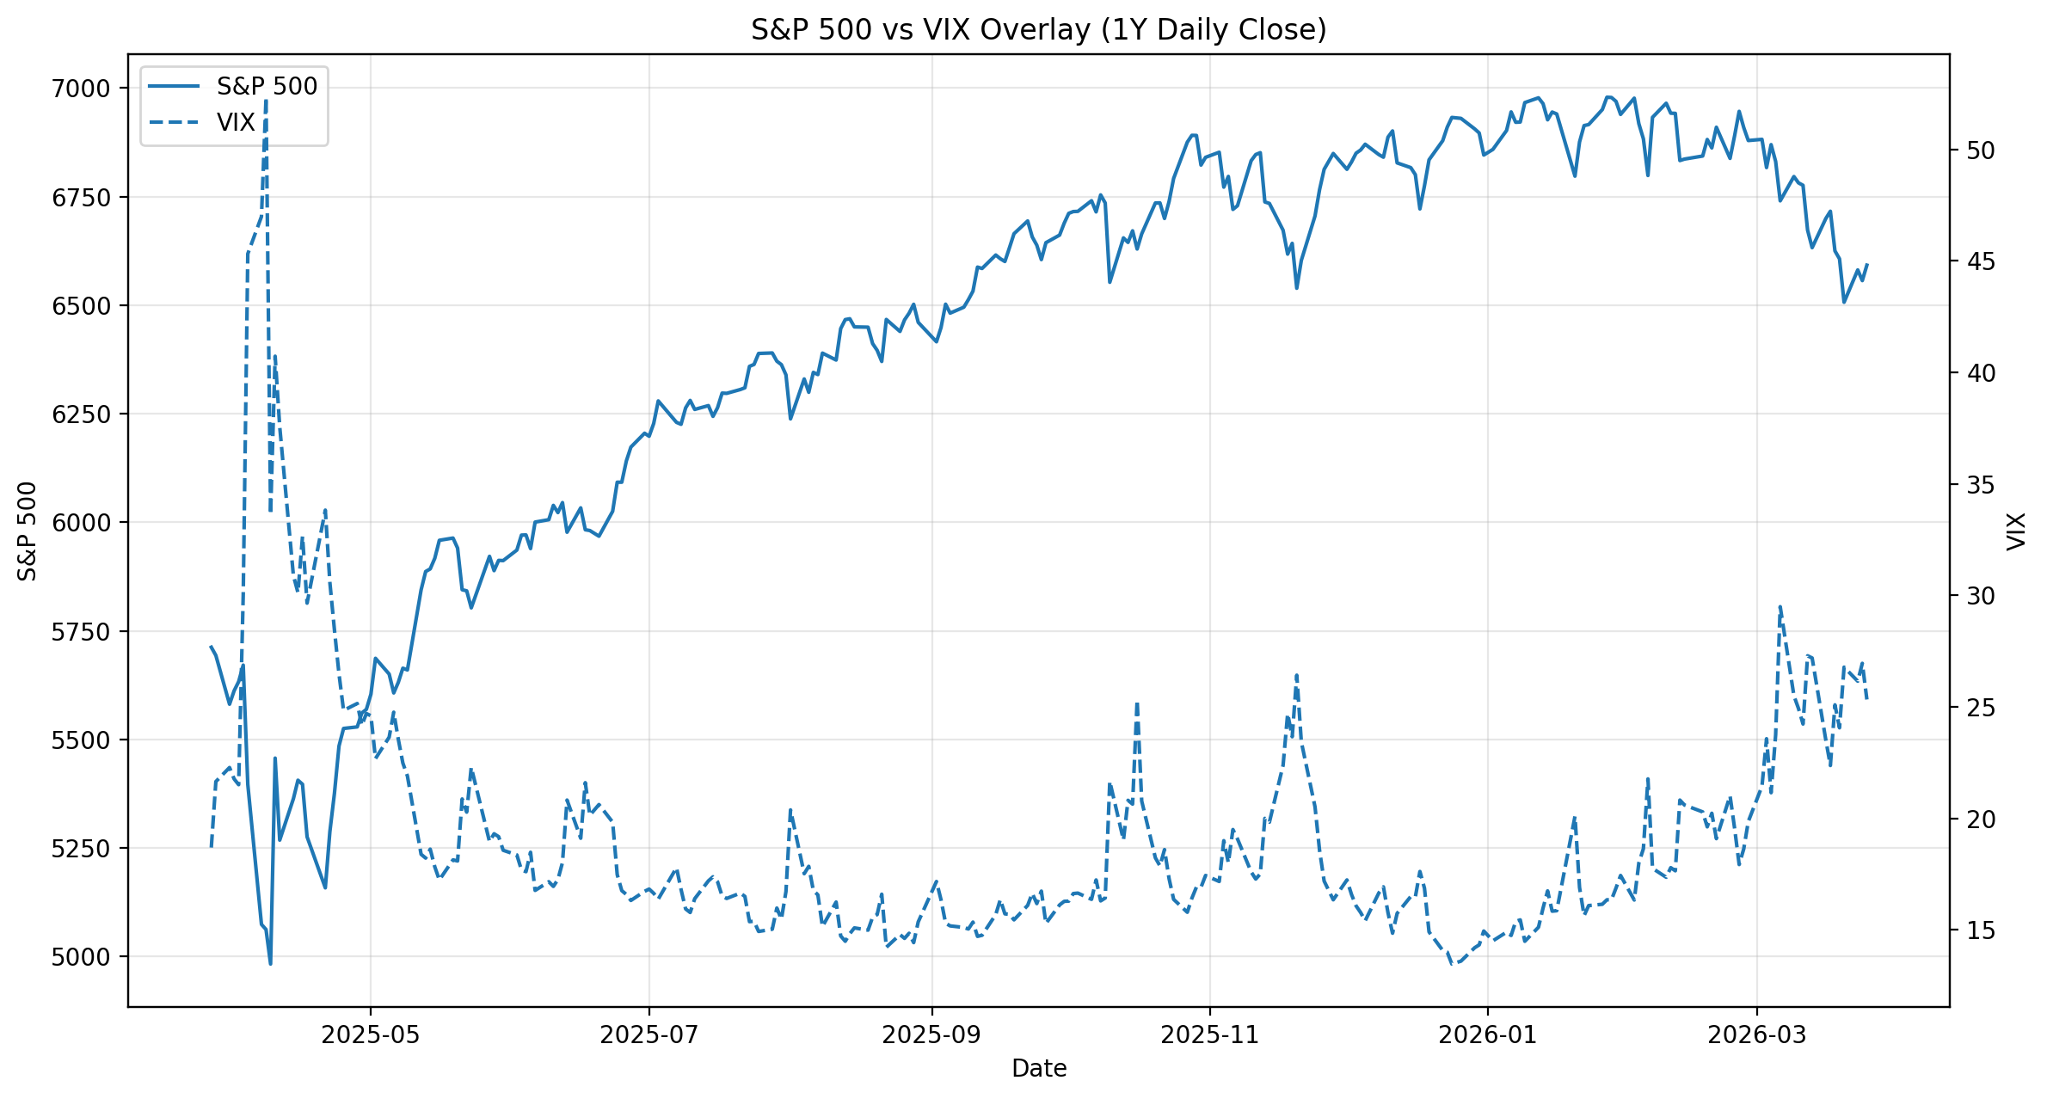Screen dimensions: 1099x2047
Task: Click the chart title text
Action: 1038,30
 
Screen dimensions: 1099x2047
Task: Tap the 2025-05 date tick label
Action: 370,1035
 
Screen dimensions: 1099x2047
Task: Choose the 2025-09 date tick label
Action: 931,1035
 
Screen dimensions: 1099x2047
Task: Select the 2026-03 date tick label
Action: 1756,1035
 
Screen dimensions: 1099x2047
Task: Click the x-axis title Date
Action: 1038,1069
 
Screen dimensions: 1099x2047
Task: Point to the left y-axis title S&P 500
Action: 28,531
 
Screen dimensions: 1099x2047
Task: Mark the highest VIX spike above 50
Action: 266,101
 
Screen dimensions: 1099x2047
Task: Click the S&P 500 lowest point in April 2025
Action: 270,964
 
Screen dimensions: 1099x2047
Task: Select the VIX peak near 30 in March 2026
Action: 1780,605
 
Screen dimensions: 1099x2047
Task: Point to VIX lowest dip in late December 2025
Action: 1453,963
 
